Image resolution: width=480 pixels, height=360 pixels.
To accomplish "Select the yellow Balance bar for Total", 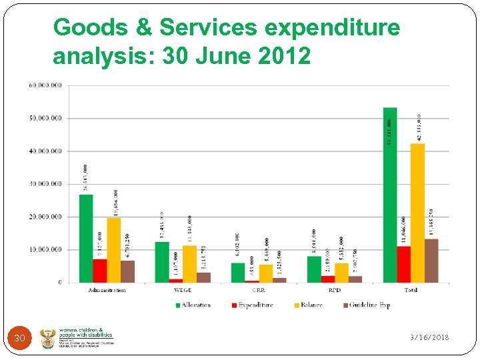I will pos(417,213).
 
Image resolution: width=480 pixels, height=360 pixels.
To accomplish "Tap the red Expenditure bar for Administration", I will pos(99,271).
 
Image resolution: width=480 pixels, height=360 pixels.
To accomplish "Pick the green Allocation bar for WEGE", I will pos(162,262).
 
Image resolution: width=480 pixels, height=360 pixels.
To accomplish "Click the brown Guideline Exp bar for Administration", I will pos(127,271).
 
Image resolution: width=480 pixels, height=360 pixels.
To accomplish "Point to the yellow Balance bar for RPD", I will pos(341,273).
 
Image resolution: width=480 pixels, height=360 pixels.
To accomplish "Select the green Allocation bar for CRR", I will pos(238,273).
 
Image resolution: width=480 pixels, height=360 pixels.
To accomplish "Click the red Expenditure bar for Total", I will pos(404,264).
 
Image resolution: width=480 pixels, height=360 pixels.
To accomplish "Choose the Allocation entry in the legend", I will pos(193,305).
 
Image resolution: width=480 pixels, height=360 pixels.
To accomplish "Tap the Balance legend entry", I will pos(307,305).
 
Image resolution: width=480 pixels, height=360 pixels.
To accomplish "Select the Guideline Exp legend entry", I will pos(365,305).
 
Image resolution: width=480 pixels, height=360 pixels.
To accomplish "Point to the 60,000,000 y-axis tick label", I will pos(45,85).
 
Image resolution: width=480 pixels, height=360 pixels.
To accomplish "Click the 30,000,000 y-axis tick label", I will pos(45,184).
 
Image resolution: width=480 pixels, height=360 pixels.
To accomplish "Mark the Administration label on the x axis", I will pos(107,290).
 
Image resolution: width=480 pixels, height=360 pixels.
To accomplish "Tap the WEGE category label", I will pos(183,290).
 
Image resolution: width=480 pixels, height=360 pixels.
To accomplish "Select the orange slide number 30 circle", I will pos(20,339).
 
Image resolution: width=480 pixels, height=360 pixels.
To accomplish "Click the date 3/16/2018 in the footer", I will pos(429,337).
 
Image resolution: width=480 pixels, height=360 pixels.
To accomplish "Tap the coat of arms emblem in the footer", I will pos(48,339).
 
